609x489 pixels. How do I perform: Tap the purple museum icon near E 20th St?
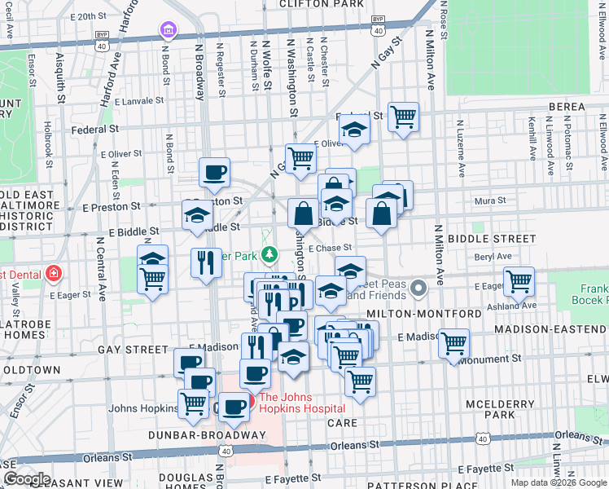point(169,31)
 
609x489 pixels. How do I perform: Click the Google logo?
point(26,478)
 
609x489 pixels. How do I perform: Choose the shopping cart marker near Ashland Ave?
point(519,281)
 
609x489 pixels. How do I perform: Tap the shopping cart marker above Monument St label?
point(454,342)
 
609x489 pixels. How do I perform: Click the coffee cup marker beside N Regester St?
point(215,172)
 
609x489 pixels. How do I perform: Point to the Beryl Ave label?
point(493,256)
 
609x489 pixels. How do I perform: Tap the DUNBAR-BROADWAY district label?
point(207,435)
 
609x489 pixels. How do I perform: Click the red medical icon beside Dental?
point(54,272)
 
